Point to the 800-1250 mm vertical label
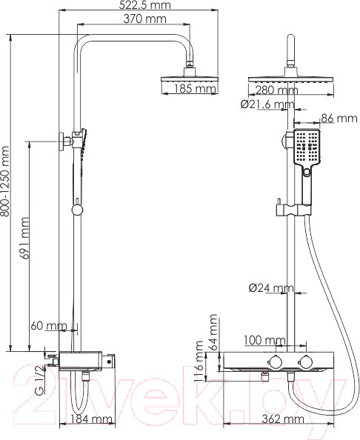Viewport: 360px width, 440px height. coord(7,192)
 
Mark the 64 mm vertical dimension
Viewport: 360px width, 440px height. coord(214,330)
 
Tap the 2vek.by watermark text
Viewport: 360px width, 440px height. coord(179,391)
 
